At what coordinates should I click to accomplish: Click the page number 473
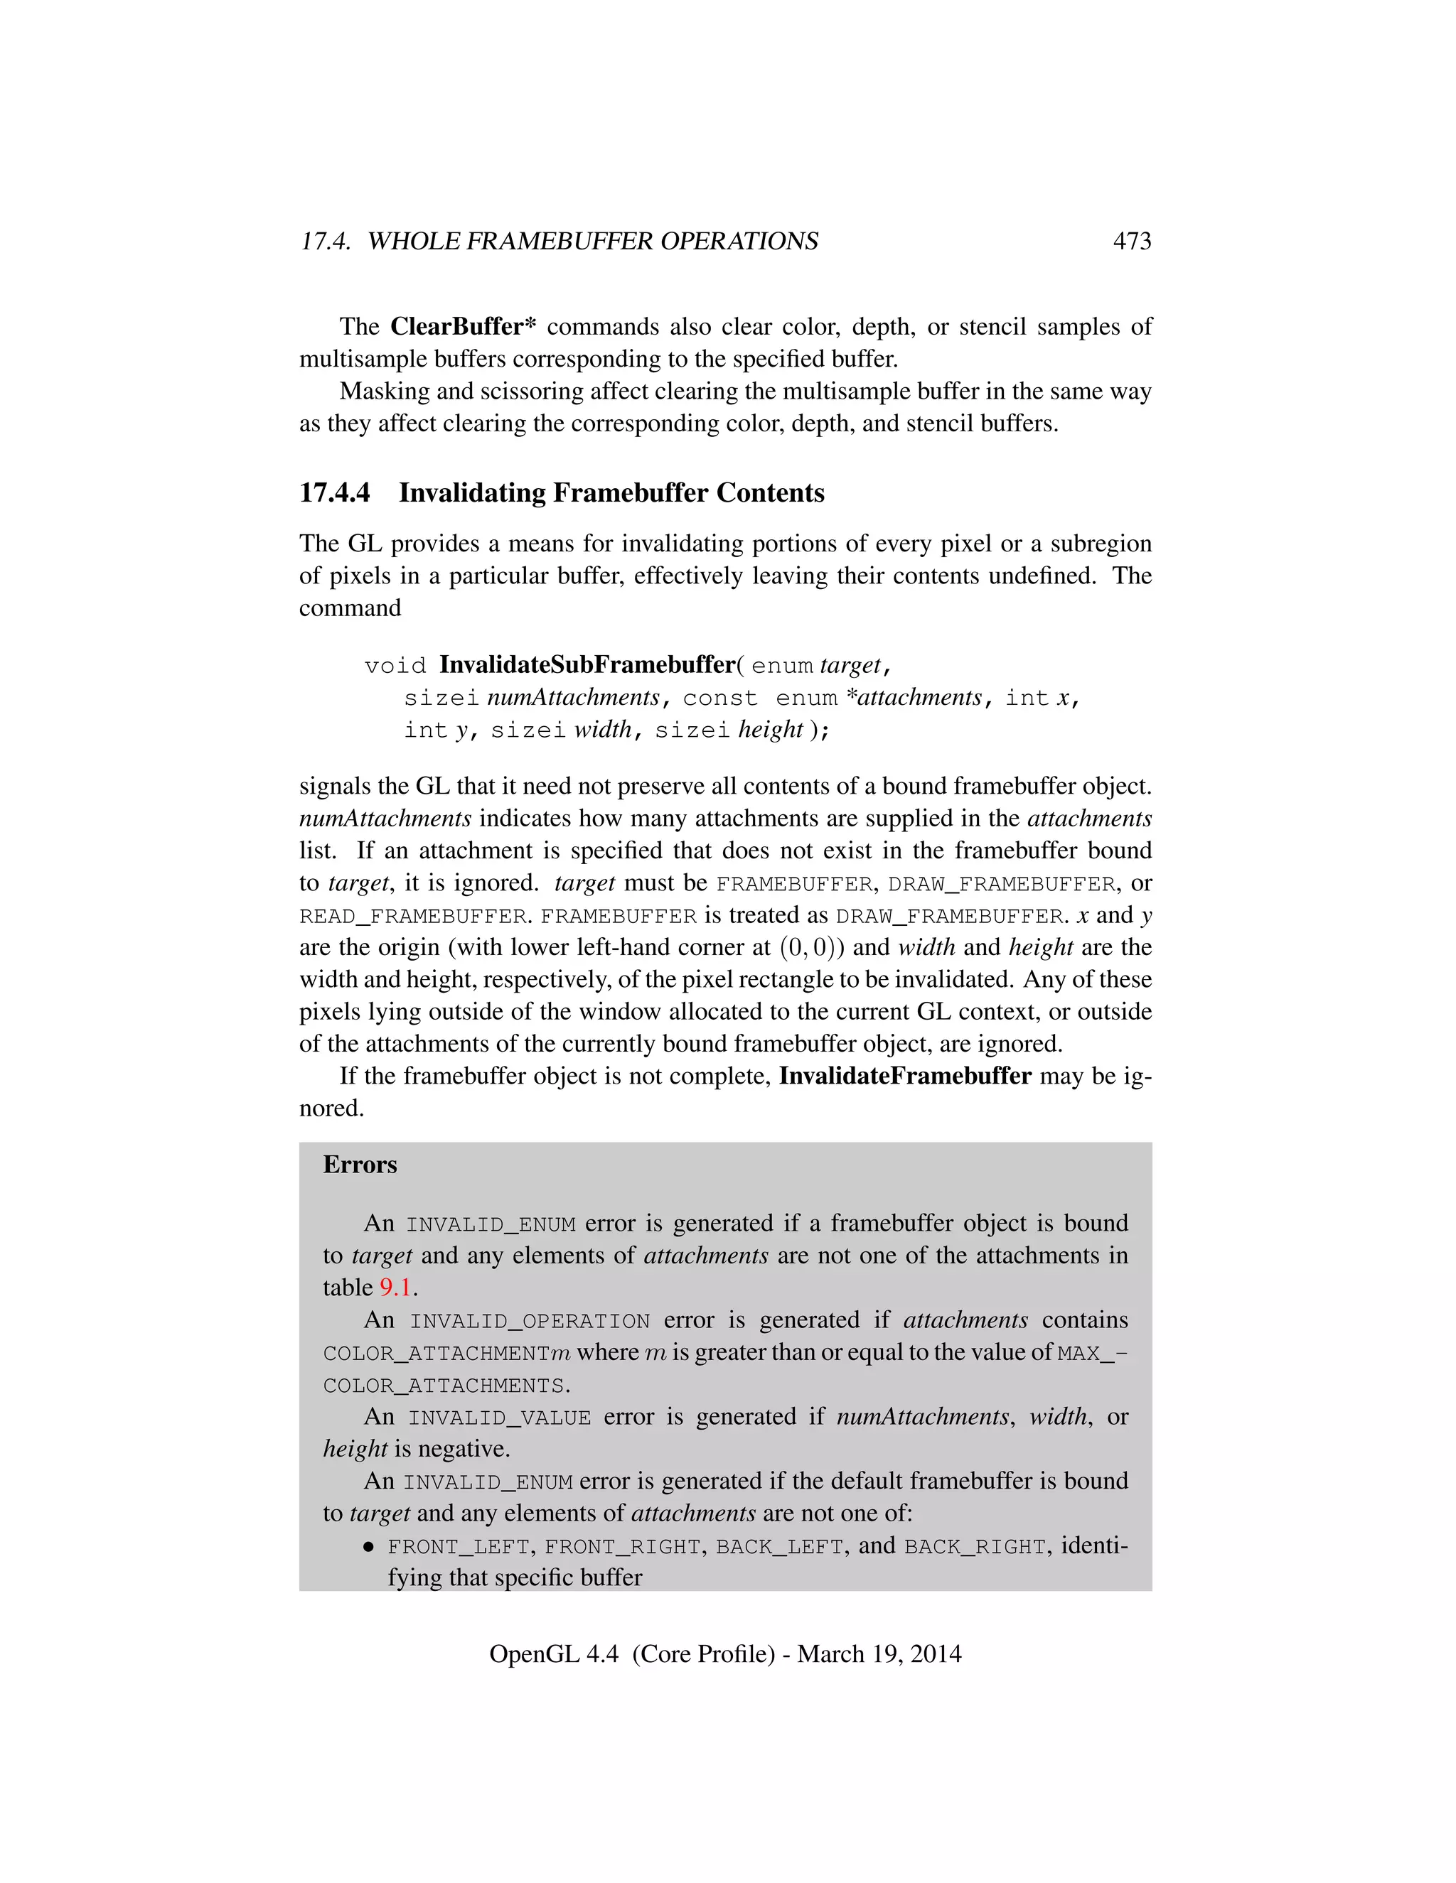click(1132, 241)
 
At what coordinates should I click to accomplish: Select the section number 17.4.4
click(335, 492)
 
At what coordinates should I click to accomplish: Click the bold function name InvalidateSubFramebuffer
click(587, 665)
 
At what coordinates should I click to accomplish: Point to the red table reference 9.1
click(395, 1288)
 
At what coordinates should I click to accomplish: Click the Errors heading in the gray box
click(360, 1165)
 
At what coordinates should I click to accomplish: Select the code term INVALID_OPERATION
click(530, 1321)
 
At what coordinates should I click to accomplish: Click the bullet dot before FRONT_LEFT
click(369, 1547)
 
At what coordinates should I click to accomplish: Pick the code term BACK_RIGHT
click(975, 1547)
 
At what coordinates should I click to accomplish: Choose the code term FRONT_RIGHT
click(622, 1547)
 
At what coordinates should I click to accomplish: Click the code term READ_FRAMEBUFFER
click(413, 916)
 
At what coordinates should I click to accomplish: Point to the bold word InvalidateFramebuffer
click(905, 1076)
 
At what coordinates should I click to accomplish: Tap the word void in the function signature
click(395, 666)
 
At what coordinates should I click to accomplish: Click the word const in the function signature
click(720, 698)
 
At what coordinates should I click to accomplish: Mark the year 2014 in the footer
click(935, 1653)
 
